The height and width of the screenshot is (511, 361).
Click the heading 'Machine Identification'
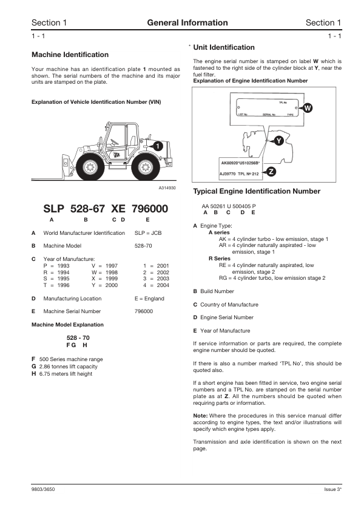click(70, 55)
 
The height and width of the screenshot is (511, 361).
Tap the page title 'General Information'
click(187, 23)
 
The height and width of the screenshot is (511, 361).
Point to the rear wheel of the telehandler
click(146, 166)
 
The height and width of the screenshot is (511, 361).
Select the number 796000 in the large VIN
click(147, 208)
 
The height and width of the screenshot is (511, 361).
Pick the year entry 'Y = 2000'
click(104, 285)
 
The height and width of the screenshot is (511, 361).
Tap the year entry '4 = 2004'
click(155, 285)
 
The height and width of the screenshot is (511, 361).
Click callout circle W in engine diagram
click(308, 108)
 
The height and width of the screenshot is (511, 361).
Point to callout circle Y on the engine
click(278, 140)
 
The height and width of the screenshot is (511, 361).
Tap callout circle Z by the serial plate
click(271, 172)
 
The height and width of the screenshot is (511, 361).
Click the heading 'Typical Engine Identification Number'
click(257, 191)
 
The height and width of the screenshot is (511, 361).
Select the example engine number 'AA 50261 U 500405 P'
click(229, 206)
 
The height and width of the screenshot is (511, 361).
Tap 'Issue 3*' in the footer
click(333, 489)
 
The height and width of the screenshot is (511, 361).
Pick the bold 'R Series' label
click(220, 259)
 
